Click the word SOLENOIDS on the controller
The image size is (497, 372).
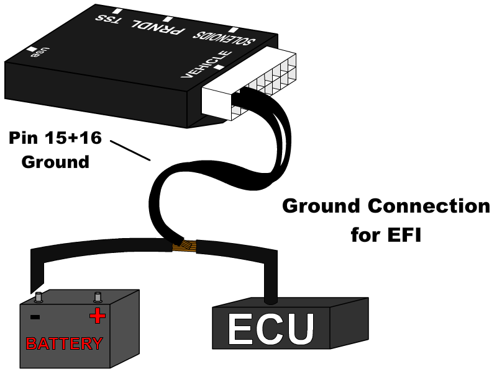224,38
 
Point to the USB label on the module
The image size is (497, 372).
40,53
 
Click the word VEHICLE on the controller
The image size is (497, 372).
206,64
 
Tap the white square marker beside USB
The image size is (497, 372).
32,49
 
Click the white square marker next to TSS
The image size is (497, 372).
117,11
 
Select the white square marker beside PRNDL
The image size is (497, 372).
168,19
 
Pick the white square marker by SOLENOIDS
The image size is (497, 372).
234,30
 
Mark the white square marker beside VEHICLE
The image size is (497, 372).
219,67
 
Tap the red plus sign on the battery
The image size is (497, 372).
98,316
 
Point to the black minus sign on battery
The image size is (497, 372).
35,317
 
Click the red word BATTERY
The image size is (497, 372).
64,343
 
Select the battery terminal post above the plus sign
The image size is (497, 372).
98,298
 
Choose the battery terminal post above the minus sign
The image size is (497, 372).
39,298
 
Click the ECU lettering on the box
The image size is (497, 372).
271,329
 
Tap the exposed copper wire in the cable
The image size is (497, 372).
185,246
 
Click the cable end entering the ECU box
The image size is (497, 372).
271,299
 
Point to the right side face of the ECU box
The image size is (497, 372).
349,322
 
